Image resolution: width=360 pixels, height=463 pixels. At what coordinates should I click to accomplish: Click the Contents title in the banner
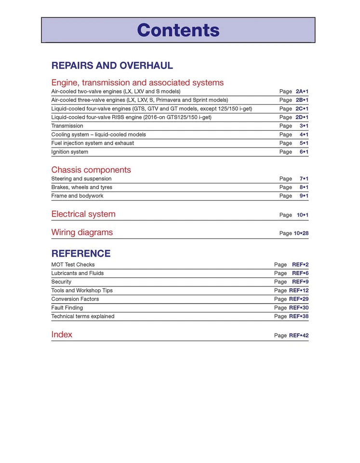(x=178, y=30)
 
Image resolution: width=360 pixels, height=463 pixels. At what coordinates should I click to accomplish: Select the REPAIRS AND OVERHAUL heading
(x=112, y=66)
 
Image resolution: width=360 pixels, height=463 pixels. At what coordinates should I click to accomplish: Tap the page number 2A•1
(x=302, y=91)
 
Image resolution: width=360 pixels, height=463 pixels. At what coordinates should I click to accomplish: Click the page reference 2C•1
(x=302, y=109)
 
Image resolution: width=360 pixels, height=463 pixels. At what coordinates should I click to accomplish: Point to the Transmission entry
(x=67, y=126)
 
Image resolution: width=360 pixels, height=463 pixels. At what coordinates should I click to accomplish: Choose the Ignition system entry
(x=69, y=152)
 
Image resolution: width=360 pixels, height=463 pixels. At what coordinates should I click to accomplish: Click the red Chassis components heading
(x=91, y=170)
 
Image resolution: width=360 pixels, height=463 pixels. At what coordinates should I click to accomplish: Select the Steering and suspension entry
(x=81, y=179)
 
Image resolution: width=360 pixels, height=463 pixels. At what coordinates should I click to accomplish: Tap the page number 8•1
(x=304, y=188)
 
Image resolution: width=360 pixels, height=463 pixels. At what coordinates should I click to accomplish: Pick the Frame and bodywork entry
(x=77, y=196)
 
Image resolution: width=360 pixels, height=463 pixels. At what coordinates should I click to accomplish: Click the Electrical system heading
(x=83, y=214)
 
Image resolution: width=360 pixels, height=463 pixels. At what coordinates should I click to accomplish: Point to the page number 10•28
(x=301, y=233)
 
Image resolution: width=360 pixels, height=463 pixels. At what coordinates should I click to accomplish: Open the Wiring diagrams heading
(x=82, y=232)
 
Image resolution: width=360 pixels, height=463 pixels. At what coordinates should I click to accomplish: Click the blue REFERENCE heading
(x=80, y=254)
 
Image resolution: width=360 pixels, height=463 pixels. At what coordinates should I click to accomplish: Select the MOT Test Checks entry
(x=73, y=265)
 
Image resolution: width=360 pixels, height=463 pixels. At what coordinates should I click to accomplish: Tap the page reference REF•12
(x=298, y=291)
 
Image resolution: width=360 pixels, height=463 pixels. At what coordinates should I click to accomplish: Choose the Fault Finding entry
(x=67, y=308)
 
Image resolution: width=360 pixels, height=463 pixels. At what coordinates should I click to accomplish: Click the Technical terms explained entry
(x=82, y=317)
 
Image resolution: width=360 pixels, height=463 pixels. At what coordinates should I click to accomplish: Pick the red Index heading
(x=62, y=335)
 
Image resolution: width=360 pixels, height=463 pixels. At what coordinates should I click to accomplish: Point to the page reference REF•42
(x=298, y=336)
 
